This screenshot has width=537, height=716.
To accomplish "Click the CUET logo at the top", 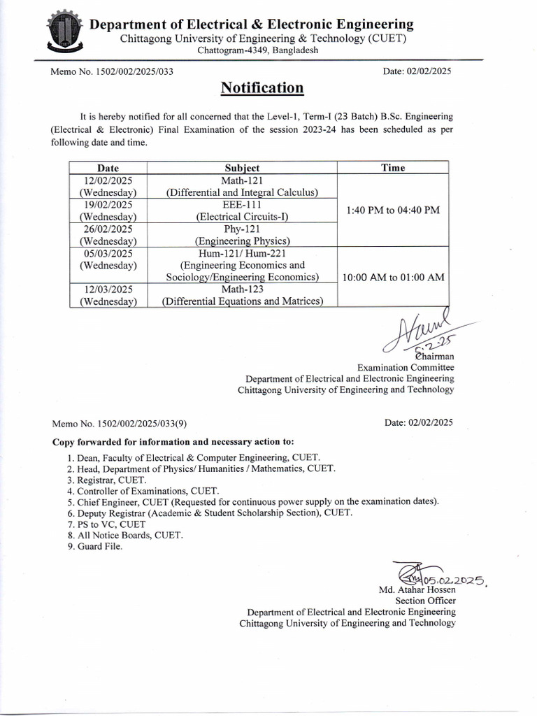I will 66,32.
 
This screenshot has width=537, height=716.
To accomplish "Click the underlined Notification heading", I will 262,87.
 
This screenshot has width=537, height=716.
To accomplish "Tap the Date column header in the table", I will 108,168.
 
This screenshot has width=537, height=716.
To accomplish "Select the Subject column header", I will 242,168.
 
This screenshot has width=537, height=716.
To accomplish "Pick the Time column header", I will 392,168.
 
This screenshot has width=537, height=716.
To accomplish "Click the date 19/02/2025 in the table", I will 108,204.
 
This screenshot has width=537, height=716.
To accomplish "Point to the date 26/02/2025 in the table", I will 108,229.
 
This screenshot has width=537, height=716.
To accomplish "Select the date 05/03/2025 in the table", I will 108,253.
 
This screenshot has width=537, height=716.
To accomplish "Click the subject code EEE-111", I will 242,204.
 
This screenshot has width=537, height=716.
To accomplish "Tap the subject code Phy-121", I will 242,229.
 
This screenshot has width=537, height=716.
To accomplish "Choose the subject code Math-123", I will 242,289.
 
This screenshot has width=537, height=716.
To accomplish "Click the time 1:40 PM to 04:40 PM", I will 392,210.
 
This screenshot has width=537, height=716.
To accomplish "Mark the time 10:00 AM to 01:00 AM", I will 393,278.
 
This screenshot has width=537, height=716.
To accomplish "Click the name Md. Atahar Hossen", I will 417,589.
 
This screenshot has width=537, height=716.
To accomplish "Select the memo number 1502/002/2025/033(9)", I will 119,423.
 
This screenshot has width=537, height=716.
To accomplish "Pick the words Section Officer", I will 425,600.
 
